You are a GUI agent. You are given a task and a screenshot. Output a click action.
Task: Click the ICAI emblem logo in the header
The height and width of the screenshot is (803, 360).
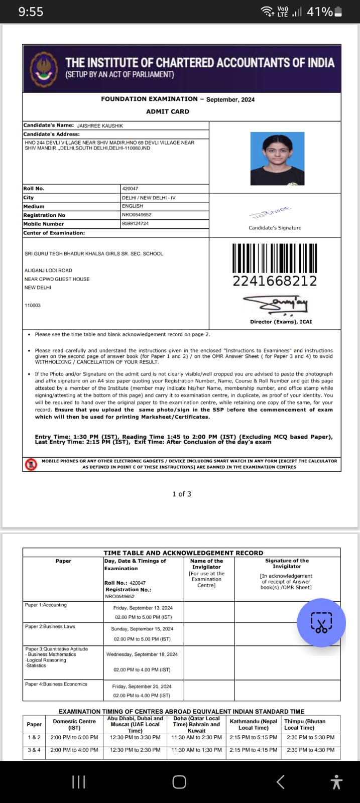click(x=44, y=69)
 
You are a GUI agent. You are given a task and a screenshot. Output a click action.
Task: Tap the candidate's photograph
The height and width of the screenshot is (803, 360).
click(x=277, y=159)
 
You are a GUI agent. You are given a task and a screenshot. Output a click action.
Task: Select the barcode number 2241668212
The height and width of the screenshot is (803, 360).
click(x=275, y=281)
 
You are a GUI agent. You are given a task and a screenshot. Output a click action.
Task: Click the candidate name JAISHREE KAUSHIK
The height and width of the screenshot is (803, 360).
click(x=100, y=125)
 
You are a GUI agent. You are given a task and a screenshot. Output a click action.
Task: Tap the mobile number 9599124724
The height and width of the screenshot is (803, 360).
click(x=136, y=223)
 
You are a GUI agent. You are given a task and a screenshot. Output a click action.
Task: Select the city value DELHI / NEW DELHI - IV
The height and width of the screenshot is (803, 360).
click(x=149, y=198)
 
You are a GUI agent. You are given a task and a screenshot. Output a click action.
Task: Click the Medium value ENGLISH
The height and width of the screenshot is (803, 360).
click(x=133, y=206)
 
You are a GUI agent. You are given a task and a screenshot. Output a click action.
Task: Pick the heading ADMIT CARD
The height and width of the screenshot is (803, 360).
click(x=168, y=111)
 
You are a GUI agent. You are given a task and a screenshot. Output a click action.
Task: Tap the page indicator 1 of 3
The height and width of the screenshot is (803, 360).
click(x=182, y=494)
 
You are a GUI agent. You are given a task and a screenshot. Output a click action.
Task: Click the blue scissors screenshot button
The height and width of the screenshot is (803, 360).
click(x=321, y=623)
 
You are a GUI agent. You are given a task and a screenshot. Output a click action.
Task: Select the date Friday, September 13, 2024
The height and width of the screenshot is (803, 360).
click(x=143, y=607)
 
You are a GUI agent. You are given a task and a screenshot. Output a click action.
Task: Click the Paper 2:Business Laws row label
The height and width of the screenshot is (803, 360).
click(x=50, y=626)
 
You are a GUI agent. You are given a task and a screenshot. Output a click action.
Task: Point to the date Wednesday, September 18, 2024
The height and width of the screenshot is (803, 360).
click(x=142, y=654)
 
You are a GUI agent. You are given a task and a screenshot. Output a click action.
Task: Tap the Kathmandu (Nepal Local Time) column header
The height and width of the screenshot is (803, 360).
click(x=254, y=724)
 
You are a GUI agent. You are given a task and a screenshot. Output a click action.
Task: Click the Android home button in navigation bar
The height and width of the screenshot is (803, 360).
click(x=179, y=782)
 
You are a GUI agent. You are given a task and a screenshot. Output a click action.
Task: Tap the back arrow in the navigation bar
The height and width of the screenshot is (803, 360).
click(x=281, y=782)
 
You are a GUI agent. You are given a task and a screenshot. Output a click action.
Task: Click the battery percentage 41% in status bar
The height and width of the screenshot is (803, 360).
click(x=319, y=12)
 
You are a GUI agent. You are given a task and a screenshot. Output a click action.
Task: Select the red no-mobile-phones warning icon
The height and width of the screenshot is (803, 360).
click(x=31, y=464)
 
